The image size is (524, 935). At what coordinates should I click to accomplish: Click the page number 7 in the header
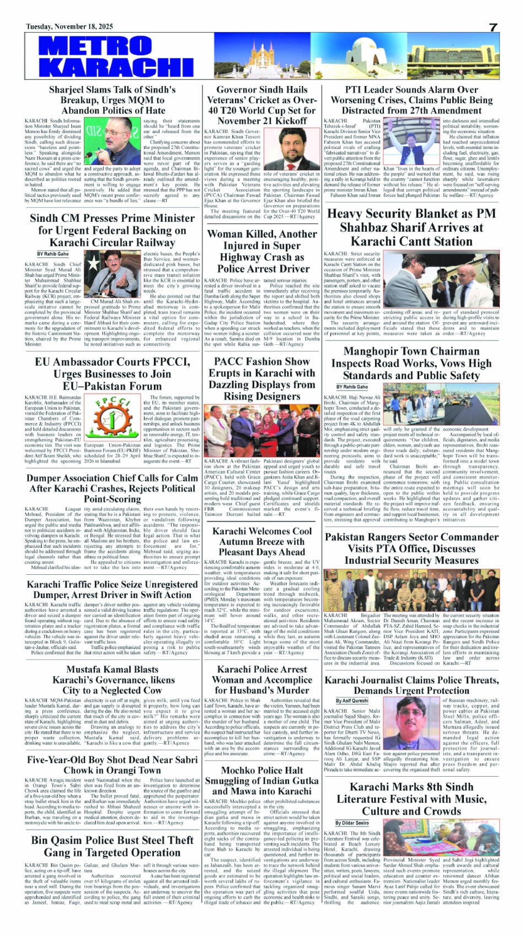[493, 27]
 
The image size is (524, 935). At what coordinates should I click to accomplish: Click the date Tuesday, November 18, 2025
[69, 26]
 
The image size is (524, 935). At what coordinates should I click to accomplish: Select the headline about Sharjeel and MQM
[112, 100]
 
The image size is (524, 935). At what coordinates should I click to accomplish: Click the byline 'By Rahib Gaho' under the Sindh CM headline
[53, 254]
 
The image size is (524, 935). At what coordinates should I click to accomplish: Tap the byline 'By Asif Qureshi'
[352, 701]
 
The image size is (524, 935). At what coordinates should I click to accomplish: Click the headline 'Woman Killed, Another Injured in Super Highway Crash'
[263, 251]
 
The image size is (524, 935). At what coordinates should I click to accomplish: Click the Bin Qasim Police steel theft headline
[112, 846]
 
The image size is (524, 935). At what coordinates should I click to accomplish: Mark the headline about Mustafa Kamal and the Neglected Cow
[112, 680]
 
